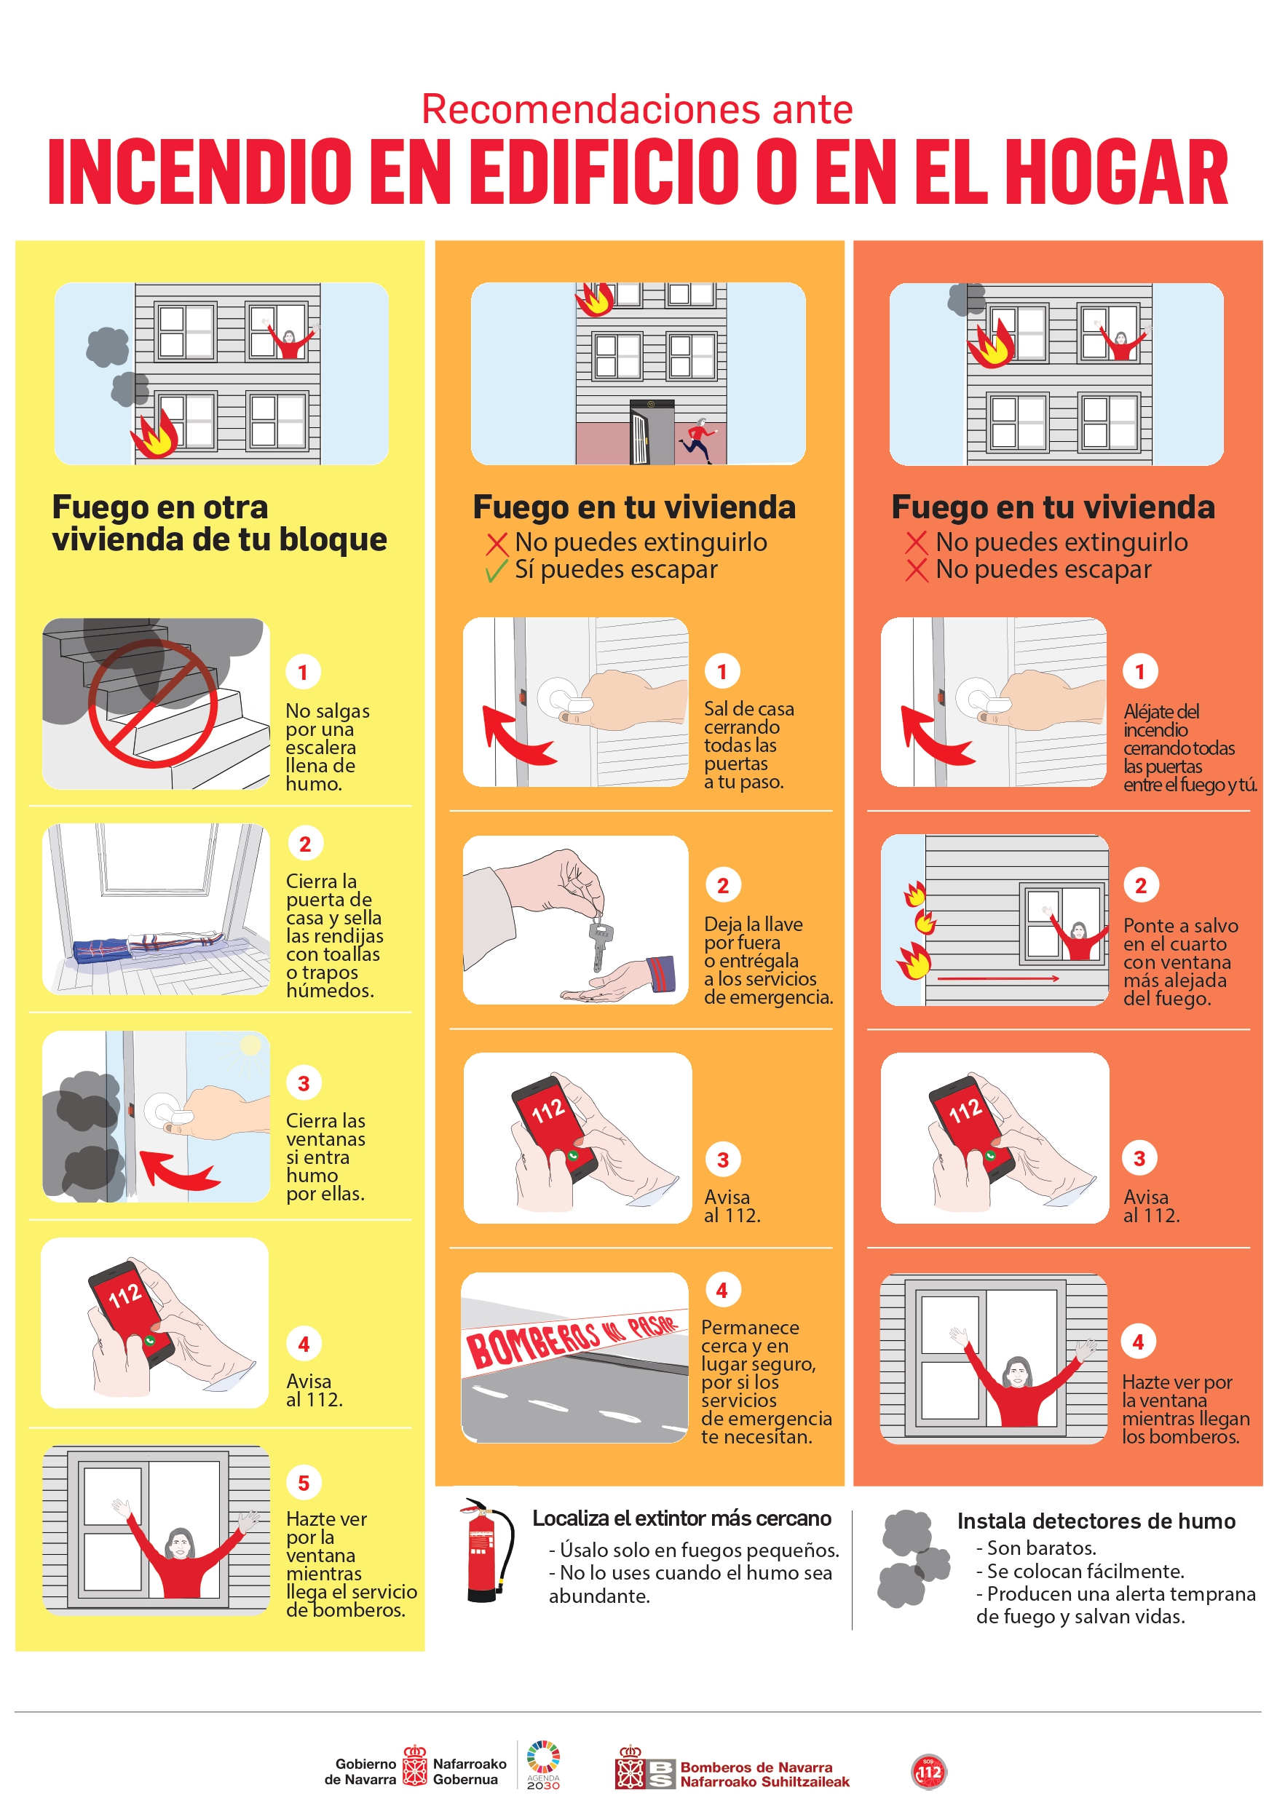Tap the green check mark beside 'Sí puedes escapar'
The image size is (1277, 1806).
coord(496,571)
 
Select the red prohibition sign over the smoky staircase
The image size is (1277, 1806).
coord(153,702)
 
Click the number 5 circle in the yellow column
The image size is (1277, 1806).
coord(304,1483)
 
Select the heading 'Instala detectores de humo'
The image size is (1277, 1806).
coord(1096,1521)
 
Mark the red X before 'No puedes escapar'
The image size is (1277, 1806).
coord(916,570)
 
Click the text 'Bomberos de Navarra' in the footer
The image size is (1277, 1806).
coord(756,1767)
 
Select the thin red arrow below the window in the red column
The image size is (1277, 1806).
coord(998,978)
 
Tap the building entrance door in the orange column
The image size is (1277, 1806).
coord(651,432)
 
